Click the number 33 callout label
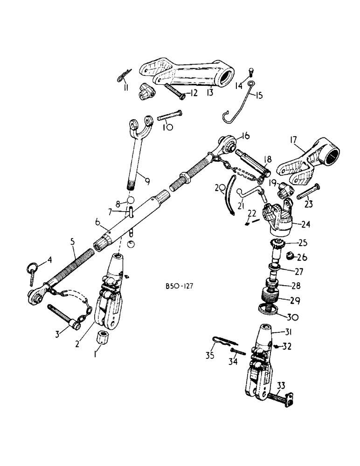click(281, 385)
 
